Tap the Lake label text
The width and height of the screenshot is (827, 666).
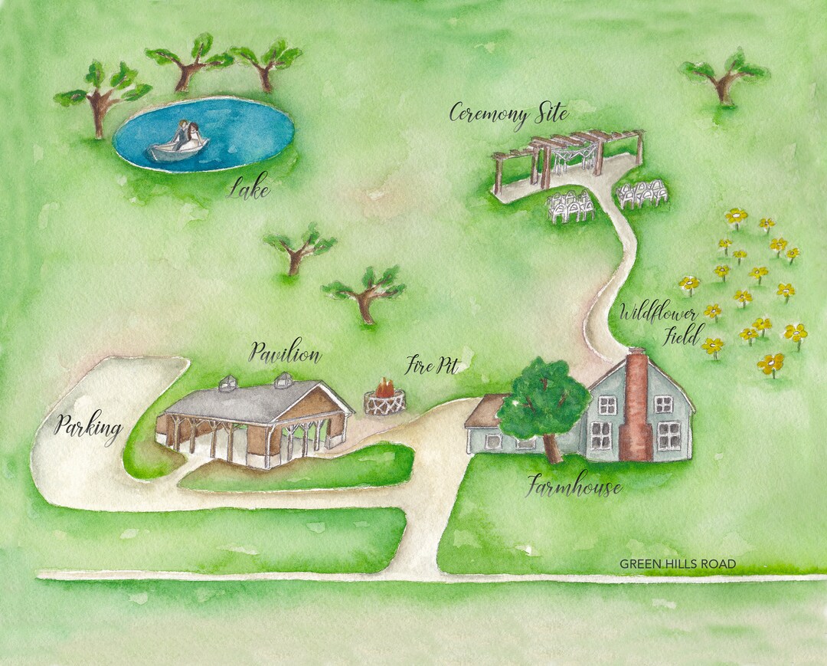point(249,188)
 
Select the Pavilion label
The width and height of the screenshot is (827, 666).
point(285,354)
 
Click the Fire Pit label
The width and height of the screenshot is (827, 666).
point(432,366)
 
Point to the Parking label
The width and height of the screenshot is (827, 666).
point(88,428)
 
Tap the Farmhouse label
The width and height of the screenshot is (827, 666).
point(574,486)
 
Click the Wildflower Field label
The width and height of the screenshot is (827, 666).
point(659,323)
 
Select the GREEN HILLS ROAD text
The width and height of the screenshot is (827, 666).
point(678,564)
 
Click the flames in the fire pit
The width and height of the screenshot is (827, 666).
point(385,389)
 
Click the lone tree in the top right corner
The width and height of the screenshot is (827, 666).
point(724,77)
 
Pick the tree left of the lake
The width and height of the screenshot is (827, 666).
point(100,96)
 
